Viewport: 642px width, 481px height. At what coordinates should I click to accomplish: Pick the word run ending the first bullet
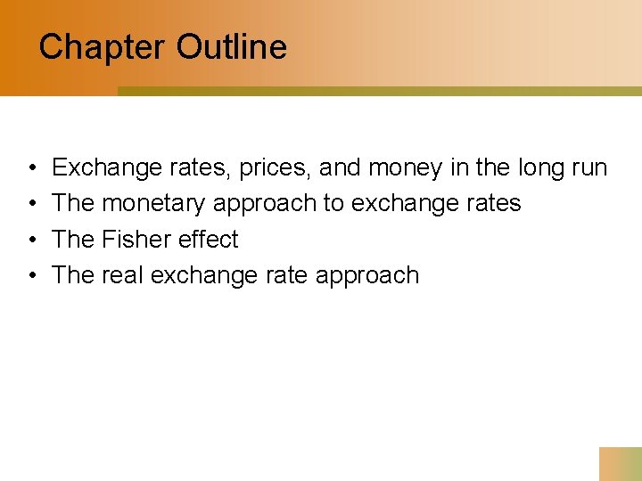(588, 167)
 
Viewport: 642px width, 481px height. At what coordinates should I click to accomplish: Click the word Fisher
(137, 239)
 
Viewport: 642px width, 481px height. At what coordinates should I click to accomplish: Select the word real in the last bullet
(123, 274)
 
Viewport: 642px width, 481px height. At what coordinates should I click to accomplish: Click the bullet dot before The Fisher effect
(31, 240)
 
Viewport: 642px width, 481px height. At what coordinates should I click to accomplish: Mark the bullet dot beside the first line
(31, 168)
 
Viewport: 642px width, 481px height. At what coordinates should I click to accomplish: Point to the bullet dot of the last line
(31, 275)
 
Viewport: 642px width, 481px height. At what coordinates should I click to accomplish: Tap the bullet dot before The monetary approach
(31, 204)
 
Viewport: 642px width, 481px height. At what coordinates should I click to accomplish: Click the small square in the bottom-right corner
(621, 464)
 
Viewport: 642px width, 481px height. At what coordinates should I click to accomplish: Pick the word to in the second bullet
(333, 203)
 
